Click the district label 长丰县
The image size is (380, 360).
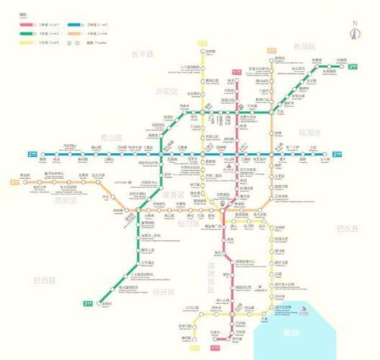click(x=141, y=54)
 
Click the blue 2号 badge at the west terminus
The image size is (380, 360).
click(x=32, y=155)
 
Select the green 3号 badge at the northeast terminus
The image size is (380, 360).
click(x=353, y=67)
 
